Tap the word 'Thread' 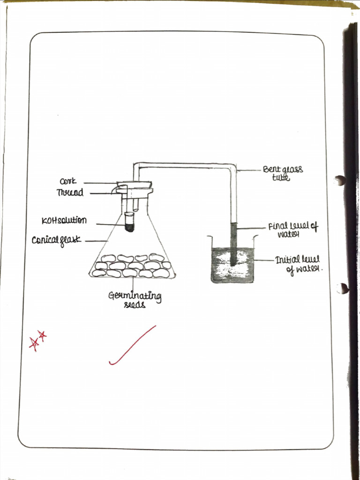click(x=70, y=192)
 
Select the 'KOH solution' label click(x=64, y=220)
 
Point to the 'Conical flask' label click(x=56, y=240)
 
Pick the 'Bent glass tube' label click(x=282, y=172)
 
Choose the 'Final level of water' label click(x=292, y=230)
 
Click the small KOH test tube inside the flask click(x=129, y=222)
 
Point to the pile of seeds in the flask click(x=132, y=265)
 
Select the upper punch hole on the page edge click(x=340, y=180)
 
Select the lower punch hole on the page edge click(x=343, y=288)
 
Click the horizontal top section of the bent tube click(x=185, y=165)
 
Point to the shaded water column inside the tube click(x=233, y=244)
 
